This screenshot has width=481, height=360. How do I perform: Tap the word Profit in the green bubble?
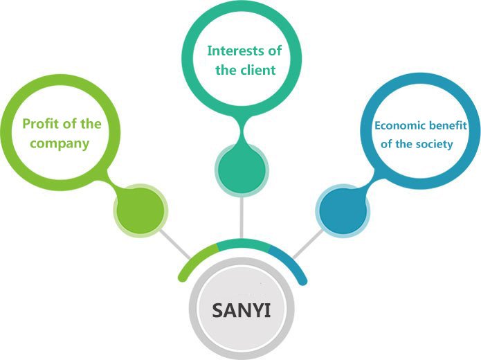click(x=39, y=125)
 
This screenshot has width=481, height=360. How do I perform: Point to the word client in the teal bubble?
click(x=257, y=69)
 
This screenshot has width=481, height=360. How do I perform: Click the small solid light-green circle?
click(x=140, y=210)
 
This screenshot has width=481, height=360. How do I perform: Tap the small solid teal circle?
click(x=241, y=168)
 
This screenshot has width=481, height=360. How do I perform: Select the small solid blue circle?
click(x=342, y=210)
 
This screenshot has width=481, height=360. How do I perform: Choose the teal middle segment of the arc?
click(x=242, y=243)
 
